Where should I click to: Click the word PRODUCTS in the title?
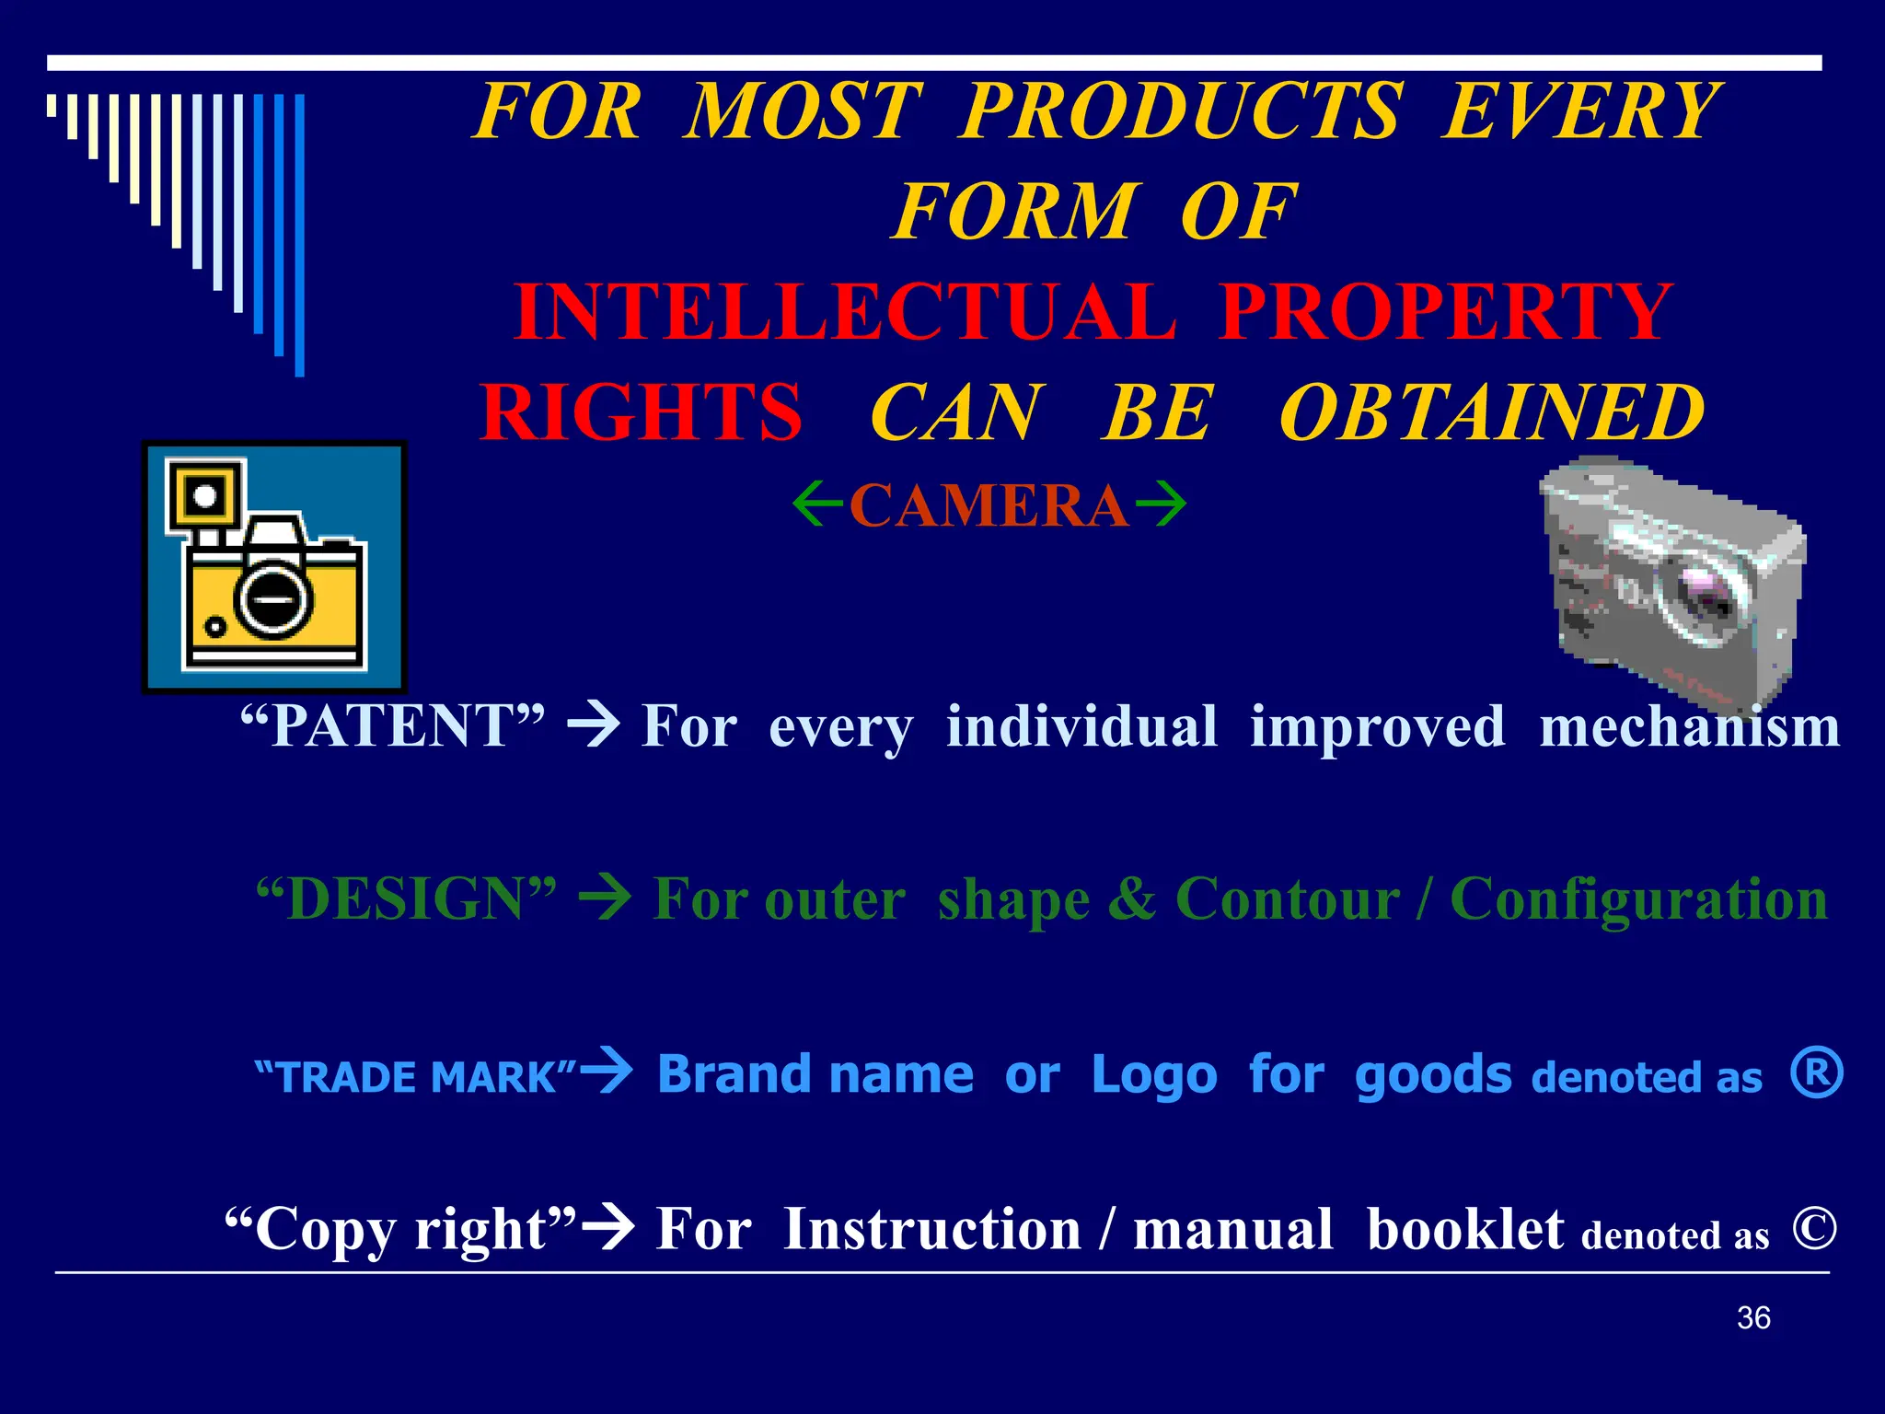[x=1182, y=111]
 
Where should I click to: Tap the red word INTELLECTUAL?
[x=845, y=313]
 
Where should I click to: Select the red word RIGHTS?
[x=642, y=413]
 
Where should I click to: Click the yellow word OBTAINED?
[x=1492, y=413]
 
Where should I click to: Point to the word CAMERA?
[x=989, y=506]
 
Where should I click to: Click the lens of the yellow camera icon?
[x=273, y=599]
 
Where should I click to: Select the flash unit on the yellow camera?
[x=205, y=496]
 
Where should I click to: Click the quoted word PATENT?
[x=392, y=725]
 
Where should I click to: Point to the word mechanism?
[x=1689, y=727]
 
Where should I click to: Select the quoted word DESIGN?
[x=406, y=899]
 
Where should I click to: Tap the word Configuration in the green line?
[x=1638, y=899]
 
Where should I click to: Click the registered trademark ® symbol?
[x=1817, y=1072]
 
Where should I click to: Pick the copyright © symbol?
[x=1814, y=1228]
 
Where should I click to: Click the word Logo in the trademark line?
[x=1154, y=1075]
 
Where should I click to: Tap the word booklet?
[x=1464, y=1230]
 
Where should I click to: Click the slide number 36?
[x=1753, y=1318]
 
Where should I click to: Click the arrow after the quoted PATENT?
[x=594, y=725]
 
